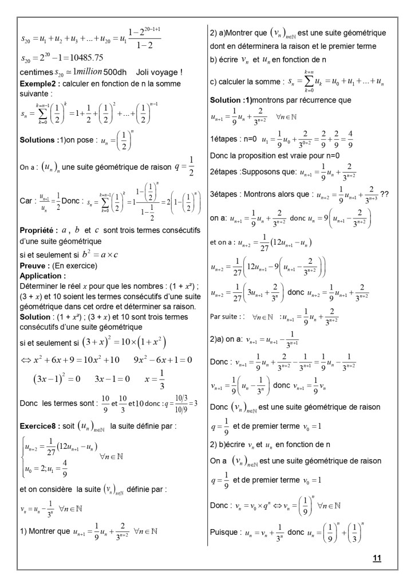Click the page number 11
coord(377,557)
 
